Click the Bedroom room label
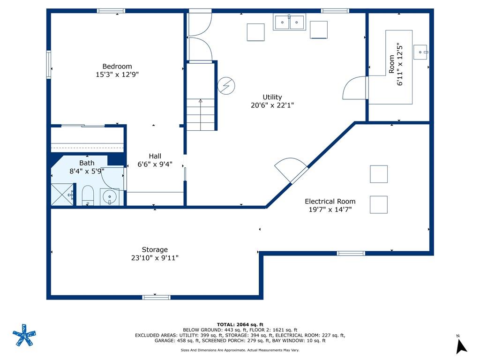(x=117, y=67)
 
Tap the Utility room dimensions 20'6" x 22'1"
(x=272, y=105)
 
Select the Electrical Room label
(x=330, y=202)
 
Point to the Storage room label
(x=155, y=249)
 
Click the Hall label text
(x=155, y=156)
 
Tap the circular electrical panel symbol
(x=226, y=85)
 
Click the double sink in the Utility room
(x=289, y=22)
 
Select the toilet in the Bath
(x=88, y=195)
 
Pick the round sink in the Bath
(x=109, y=197)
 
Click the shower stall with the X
(x=62, y=195)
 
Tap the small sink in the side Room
(x=420, y=52)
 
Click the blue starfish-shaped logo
(x=24, y=335)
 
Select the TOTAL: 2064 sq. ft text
(x=240, y=324)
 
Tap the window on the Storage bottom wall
(x=156, y=297)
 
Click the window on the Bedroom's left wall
(x=49, y=65)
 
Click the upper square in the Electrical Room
(x=379, y=174)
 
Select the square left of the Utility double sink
(x=255, y=32)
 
